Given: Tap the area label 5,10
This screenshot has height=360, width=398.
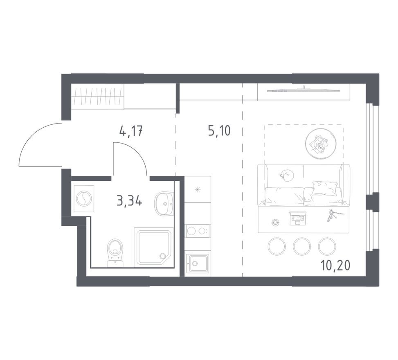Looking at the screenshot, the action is (219, 131).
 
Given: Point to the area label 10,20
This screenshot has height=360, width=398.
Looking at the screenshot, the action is (335, 265).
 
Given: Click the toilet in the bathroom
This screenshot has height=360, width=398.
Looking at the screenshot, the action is (115, 252).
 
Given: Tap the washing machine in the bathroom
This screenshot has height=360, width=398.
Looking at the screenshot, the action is (84, 198).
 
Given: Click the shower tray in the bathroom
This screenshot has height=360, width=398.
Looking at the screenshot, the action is (154, 247).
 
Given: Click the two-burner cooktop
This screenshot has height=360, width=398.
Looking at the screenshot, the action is (198, 231).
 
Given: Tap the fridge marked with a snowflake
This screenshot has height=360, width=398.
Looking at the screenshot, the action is (198, 189).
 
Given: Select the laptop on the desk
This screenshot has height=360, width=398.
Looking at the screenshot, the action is (297, 218).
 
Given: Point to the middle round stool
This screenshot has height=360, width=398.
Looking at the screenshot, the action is (302, 246).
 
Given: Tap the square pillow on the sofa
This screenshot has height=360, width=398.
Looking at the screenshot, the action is (323, 188).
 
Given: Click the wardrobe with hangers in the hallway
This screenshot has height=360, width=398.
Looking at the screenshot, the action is (98, 97).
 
